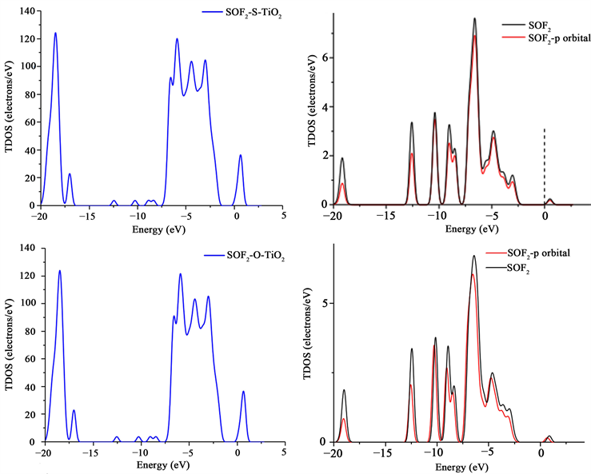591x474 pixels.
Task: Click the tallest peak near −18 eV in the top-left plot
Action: pos(55,34)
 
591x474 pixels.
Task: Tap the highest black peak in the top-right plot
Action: pos(474,18)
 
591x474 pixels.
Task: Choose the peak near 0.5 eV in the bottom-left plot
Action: pos(244,392)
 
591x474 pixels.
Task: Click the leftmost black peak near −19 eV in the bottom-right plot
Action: pos(344,391)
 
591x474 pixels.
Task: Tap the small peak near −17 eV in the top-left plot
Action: pos(70,174)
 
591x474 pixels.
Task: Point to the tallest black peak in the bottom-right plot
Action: pos(473,257)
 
